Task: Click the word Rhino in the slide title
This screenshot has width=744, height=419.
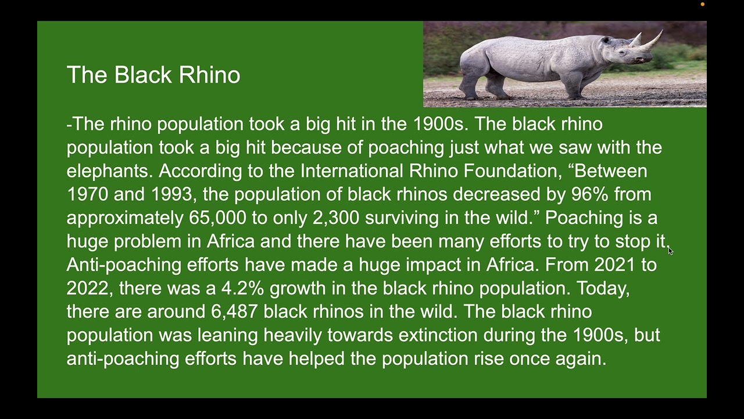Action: click(209, 75)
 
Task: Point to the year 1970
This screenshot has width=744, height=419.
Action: click(87, 194)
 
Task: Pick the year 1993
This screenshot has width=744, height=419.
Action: click(172, 194)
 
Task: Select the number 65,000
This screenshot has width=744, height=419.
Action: click(217, 218)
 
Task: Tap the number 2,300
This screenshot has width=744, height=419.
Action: click(336, 218)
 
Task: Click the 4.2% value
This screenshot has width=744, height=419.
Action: click(242, 288)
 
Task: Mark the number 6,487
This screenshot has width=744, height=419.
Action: click(234, 311)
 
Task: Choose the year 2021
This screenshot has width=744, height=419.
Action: click(614, 265)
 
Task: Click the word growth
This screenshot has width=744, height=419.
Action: click(298, 289)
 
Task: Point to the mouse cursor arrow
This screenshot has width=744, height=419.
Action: click(670, 250)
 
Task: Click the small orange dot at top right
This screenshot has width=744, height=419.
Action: click(702, 5)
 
